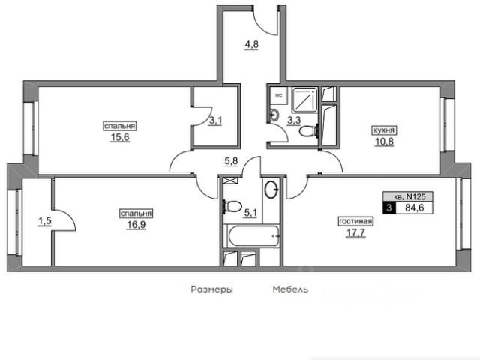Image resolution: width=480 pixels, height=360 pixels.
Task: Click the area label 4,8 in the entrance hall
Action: (x=251, y=45)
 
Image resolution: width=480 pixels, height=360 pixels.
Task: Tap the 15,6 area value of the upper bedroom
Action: (x=120, y=137)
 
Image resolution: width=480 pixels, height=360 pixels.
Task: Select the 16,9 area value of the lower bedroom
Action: (x=136, y=225)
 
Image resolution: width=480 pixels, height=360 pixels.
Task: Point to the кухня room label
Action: (x=384, y=130)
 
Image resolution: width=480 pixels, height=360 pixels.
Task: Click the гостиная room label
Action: (x=355, y=221)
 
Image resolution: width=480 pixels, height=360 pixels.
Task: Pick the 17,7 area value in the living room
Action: (x=356, y=233)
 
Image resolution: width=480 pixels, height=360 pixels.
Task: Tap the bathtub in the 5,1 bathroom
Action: (x=253, y=235)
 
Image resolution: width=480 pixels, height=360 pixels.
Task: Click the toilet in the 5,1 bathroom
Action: (x=232, y=206)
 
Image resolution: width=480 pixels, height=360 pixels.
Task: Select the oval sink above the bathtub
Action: (x=271, y=190)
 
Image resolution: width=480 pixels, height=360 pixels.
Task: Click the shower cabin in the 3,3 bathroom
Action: (x=304, y=100)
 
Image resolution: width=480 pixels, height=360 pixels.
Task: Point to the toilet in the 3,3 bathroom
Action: (x=308, y=132)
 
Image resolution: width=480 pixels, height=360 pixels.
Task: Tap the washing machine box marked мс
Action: (x=278, y=95)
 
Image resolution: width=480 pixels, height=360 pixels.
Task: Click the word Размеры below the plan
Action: (x=211, y=289)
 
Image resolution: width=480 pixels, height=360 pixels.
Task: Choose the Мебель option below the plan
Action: (x=290, y=289)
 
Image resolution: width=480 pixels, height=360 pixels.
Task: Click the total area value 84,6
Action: (x=415, y=208)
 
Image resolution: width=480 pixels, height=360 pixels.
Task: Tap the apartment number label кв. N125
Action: (x=408, y=196)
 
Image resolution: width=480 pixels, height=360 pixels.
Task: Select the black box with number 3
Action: (x=389, y=208)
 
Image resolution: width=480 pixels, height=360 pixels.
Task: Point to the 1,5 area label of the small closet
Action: (x=45, y=221)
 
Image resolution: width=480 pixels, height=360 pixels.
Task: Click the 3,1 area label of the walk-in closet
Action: (x=215, y=121)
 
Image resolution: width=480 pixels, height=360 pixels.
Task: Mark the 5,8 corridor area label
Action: (x=231, y=161)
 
